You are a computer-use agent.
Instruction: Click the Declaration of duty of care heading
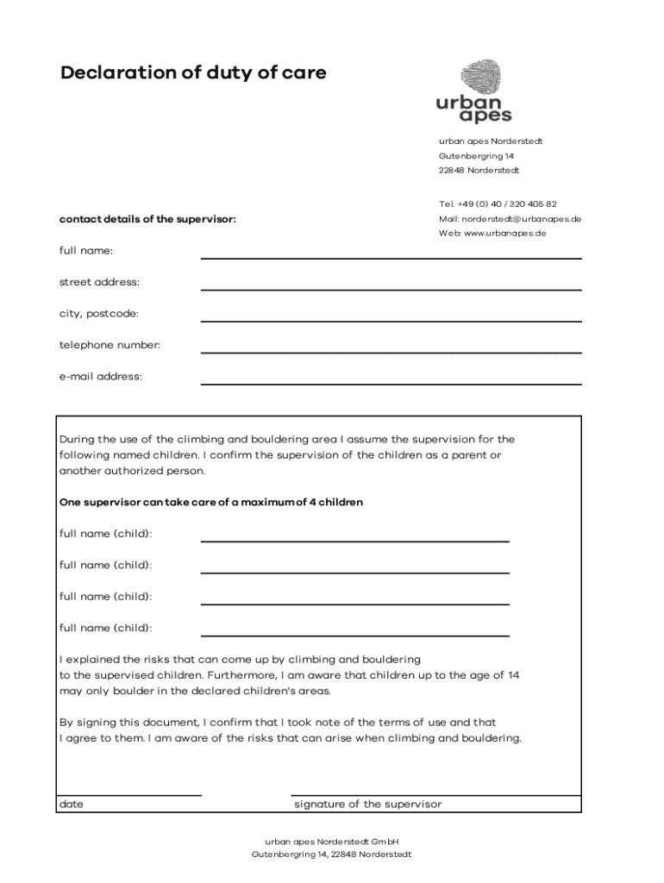click(x=193, y=73)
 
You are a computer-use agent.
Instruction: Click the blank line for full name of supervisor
click(x=391, y=257)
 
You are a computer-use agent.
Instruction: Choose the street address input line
click(x=391, y=289)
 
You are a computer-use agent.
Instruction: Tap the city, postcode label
click(x=98, y=313)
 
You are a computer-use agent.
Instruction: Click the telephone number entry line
click(x=391, y=352)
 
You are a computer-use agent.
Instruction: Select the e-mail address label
click(x=101, y=376)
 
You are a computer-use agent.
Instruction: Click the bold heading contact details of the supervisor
click(x=147, y=219)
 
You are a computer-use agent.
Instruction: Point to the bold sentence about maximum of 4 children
click(x=210, y=502)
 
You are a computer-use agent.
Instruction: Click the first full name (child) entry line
click(x=354, y=541)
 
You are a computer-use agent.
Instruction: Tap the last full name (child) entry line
click(x=354, y=635)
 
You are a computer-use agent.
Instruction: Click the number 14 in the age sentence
click(x=513, y=675)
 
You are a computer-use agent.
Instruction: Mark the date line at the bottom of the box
click(x=129, y=794)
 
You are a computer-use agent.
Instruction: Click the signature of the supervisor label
click(x=367, y=805)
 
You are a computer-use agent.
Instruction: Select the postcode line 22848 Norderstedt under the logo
click(x=479, y=171)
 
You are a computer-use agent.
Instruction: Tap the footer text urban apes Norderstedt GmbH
click(x=331, y=841)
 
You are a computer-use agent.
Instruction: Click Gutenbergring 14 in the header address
click(x=476, y=156)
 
